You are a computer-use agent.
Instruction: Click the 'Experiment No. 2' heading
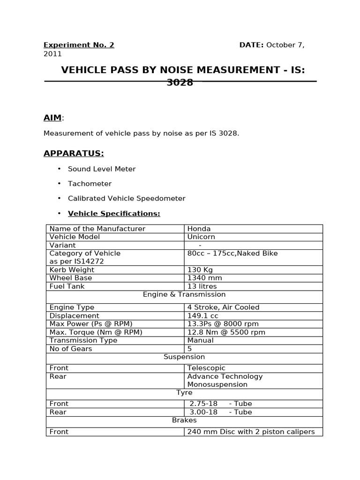pyautogui.click(x=79, y=45)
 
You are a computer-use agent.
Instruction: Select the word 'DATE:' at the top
pyautogui.click(x=252, y=45)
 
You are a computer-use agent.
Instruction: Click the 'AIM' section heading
pyautogui.click(x=52, y=118)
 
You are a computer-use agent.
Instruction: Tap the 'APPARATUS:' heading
pyautogui.click(x=74, y=153)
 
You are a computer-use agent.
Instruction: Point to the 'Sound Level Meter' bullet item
pyautogui.click(x=102, y=169)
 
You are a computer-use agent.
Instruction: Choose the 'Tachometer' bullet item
pyautogui.click(x=90, y=184)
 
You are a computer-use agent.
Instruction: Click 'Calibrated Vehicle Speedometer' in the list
pyautogui.click(x=127, y=198)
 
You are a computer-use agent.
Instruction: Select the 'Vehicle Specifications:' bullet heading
pyautogui.click(x=114, y=214)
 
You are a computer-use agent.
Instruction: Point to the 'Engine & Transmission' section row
pyautogui.click(x=184, y=294)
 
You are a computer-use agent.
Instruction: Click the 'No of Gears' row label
pyautogui.click(x=71, y=349)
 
